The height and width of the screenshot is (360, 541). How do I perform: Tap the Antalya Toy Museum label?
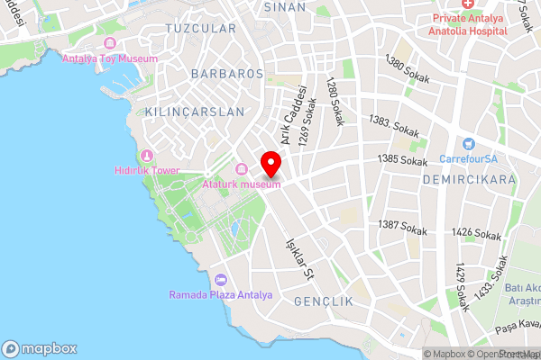110,58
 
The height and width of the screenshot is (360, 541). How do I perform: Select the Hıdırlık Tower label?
147,171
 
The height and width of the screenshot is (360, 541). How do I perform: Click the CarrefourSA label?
469,159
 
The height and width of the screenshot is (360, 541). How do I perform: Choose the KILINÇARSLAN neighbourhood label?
194,112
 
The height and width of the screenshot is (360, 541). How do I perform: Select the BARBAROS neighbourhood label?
226,73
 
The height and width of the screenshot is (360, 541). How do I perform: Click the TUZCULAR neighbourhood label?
200,29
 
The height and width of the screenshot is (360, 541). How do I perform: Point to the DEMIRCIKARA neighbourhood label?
468,179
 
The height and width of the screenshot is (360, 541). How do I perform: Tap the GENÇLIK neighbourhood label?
324,301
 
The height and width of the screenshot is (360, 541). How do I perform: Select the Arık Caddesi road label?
294,115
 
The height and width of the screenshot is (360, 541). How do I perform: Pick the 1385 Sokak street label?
402,160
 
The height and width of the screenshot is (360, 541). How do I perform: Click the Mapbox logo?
40,349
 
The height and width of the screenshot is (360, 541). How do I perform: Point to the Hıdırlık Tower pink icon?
147,156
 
